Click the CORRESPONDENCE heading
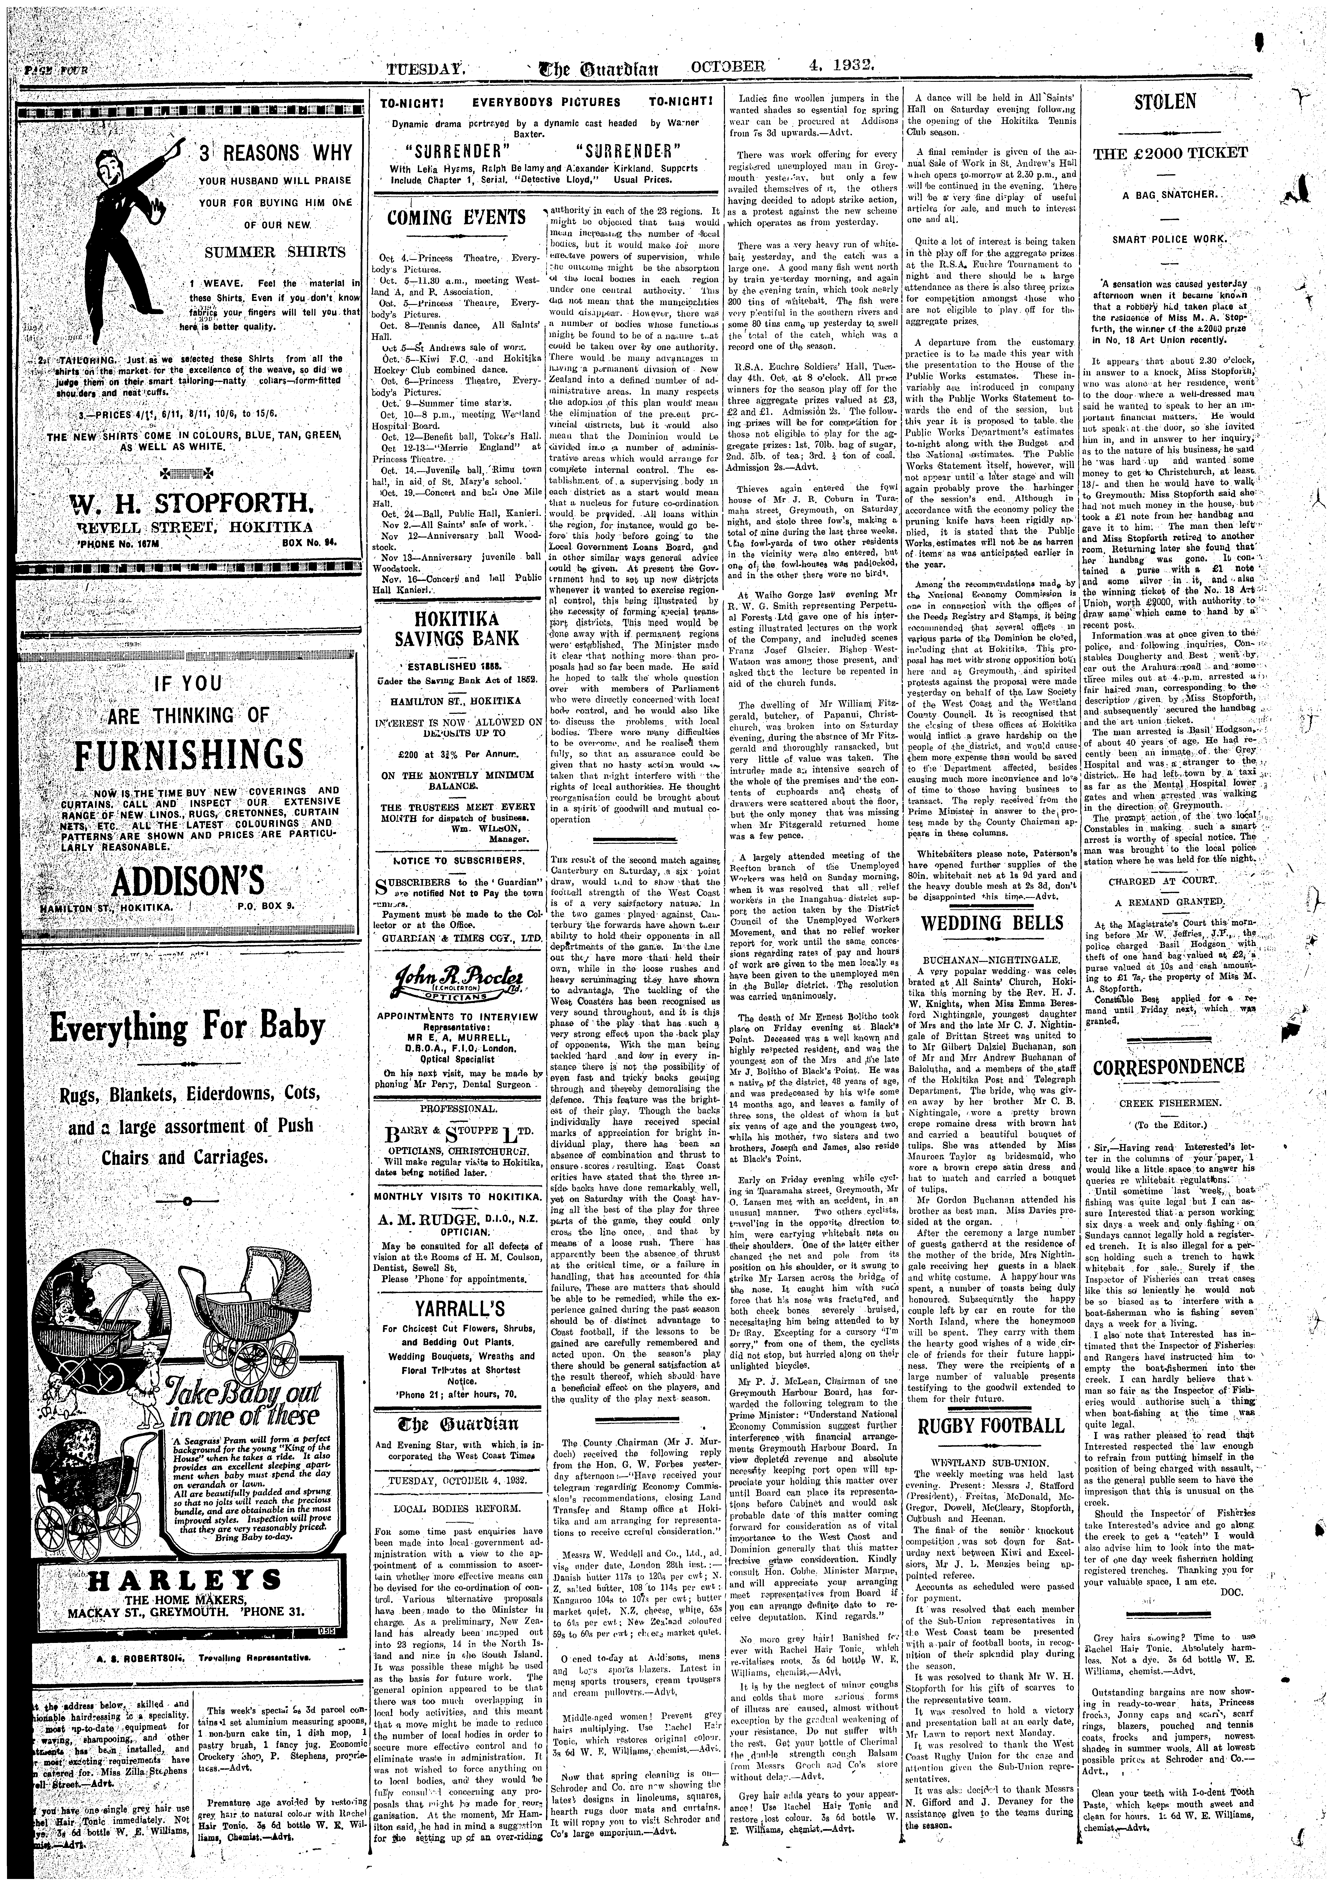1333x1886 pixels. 1169,1066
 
